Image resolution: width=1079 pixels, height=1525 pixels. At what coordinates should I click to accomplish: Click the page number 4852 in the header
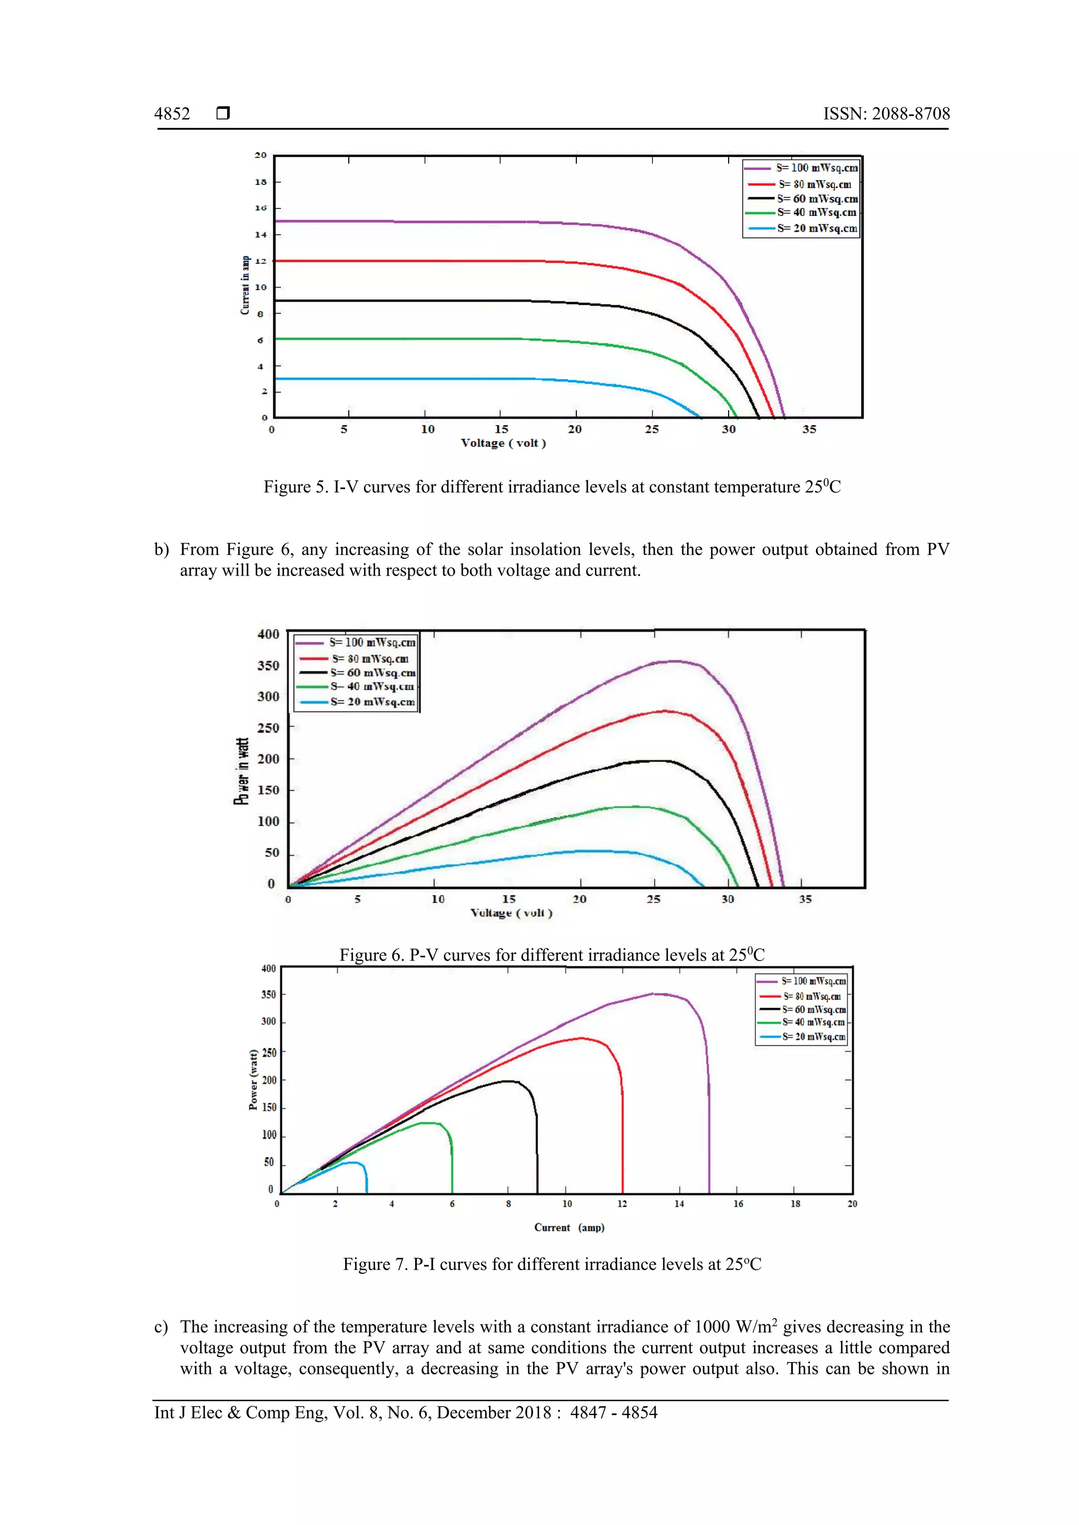pos(172,114)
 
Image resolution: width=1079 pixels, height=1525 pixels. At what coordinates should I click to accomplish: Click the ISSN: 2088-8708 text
pos(886,114)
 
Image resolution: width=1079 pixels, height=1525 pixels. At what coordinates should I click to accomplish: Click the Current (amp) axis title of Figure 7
pos(568,1227)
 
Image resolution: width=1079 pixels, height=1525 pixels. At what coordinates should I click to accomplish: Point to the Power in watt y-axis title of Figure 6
pos(242,770)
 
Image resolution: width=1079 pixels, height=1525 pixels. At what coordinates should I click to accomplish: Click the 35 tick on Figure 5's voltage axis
pos(809,429)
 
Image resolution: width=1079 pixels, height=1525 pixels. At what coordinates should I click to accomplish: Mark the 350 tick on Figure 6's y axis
pos(268,666)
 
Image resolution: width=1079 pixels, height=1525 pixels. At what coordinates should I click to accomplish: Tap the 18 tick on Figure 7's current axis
pos(794,1204)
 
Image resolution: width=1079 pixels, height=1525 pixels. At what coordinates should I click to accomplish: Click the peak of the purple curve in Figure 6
pos(674,661)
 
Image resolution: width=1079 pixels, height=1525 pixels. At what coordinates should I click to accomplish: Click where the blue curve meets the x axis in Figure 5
pos(700,417)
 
